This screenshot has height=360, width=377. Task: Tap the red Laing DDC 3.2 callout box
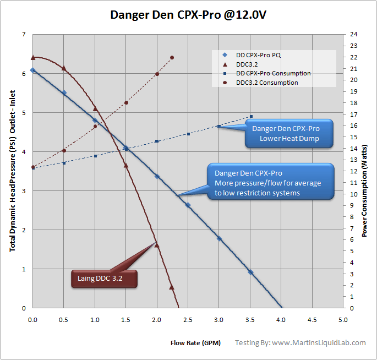103,279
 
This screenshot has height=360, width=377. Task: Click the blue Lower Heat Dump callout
289,133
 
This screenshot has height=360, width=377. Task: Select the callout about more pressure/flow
270,181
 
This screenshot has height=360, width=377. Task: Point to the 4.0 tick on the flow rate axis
281,319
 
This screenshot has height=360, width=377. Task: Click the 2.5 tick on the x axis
188,319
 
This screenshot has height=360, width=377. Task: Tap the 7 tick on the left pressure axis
24,35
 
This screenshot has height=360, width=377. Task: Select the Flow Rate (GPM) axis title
195,343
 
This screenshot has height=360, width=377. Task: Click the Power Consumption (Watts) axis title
365,171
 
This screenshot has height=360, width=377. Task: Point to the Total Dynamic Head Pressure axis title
12,171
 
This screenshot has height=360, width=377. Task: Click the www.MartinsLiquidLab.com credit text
300,342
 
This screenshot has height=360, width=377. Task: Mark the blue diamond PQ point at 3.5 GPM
250,272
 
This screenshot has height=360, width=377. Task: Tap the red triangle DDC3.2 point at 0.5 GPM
64,68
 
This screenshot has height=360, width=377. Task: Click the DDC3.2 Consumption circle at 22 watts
172,57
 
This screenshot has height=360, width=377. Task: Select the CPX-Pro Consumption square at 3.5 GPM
251,117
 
